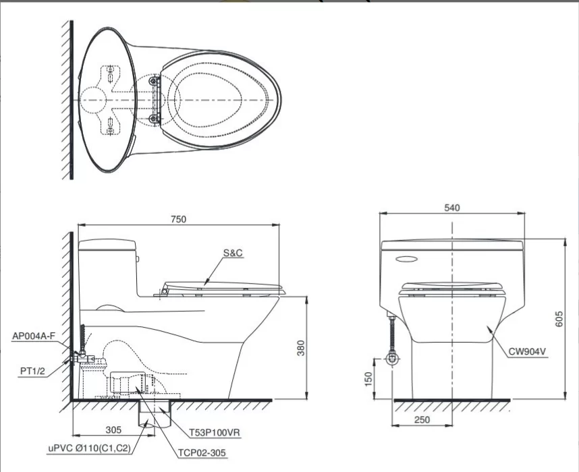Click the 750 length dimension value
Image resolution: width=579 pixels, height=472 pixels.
tap(178, 218)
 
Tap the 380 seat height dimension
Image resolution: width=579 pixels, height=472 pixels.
tap(302, 347)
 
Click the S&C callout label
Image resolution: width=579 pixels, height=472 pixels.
tap(233, 253)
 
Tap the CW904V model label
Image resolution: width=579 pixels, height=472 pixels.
tap(528, 351)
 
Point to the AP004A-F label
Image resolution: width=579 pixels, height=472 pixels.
tap(34, 334)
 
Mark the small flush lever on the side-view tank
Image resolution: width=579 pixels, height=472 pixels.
tap(138, 257)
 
